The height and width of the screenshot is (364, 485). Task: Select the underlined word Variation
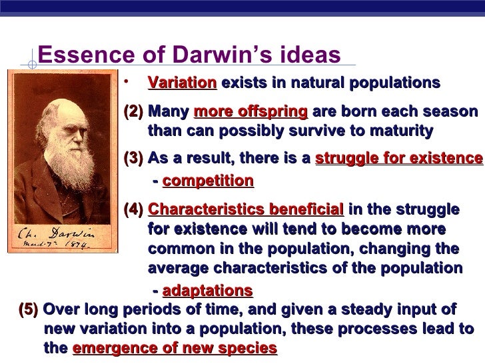pos(182,83)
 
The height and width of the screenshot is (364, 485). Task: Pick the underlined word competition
pos(208,181)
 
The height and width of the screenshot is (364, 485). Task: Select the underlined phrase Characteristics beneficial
pos(246,209)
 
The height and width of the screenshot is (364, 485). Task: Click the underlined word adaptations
pos(207,291)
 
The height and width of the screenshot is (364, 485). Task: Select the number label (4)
pos(135,209)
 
